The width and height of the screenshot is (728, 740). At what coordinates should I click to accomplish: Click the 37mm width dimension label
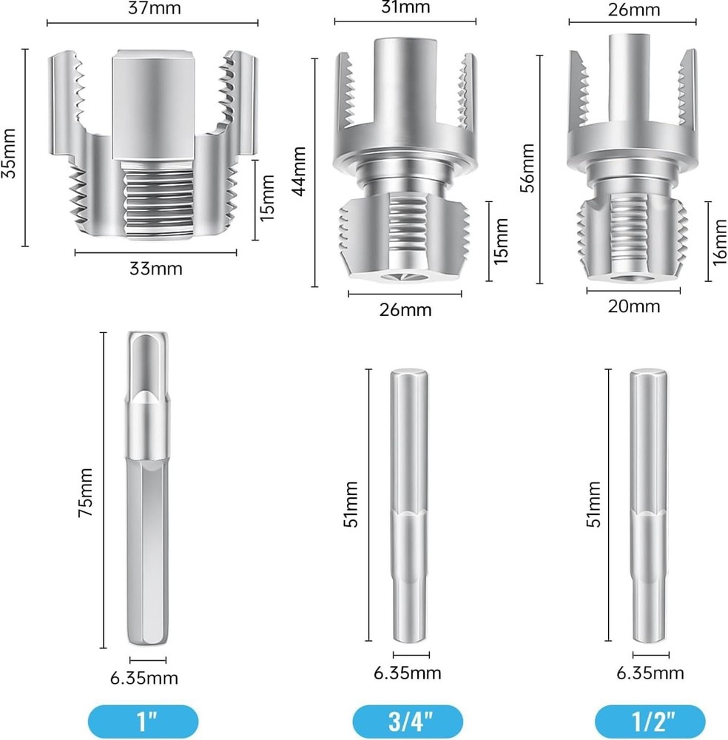[x=153, y=9]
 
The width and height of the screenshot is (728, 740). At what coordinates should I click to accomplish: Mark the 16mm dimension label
[x=720, y=240]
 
